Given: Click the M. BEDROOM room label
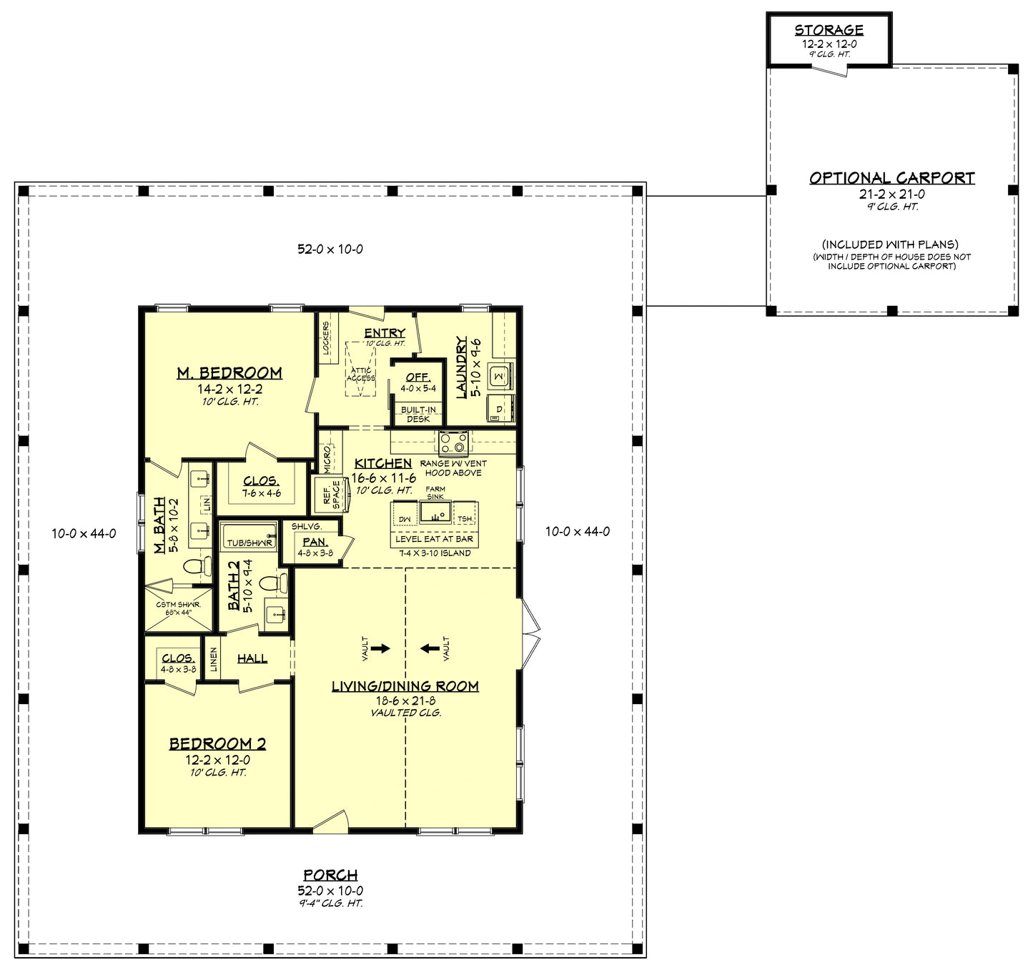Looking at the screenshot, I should [229, 373].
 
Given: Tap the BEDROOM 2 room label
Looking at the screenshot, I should [217, 744].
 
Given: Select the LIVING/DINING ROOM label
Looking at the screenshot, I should [405, 686].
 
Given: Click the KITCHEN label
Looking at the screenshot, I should [383, 464].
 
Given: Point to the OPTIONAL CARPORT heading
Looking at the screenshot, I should [891, 178].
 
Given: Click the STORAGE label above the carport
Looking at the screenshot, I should [829, 30].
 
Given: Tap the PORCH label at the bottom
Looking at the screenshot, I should [330, 875].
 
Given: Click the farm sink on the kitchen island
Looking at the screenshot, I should [435, 513].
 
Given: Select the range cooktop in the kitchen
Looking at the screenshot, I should [453, 442].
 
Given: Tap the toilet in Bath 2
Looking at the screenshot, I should [271, 583].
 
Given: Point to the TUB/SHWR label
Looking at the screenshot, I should [249, 543].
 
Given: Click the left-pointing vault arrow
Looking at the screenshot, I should [430, 648].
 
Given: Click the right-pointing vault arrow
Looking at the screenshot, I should [380, 648].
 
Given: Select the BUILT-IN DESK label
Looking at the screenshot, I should [418, 415].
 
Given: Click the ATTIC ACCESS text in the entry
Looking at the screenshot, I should [361, 374].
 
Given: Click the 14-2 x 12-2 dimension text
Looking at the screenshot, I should [229, 390].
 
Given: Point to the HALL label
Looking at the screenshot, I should [252, 658].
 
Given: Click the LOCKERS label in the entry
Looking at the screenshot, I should [327, 337].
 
